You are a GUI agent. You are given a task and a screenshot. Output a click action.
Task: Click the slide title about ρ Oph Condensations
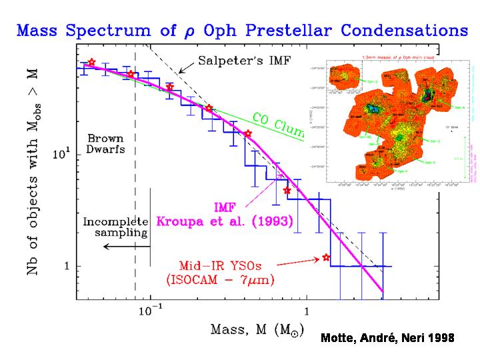click(x=240, y=30)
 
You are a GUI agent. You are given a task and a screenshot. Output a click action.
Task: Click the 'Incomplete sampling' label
click(x=114, y=227)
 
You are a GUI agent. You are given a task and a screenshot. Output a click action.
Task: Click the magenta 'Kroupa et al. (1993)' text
click(x=224, y=221)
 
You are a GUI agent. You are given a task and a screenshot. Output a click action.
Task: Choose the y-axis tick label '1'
click(x=67, y=267)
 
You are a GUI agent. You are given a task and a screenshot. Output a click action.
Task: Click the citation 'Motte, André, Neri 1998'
click(x=387, y=339)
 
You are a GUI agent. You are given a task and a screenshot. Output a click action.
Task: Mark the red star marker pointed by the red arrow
click(x=326, y=257)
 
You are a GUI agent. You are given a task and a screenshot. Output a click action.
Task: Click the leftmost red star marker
click(x=92, y=63)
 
